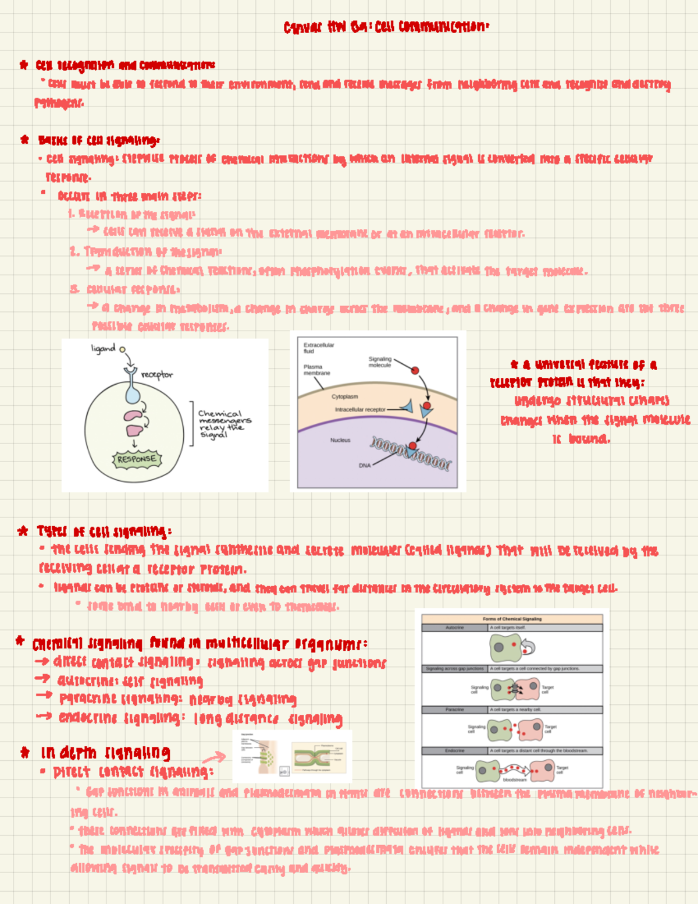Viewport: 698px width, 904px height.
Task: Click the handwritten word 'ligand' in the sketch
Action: click(x=103, y=348)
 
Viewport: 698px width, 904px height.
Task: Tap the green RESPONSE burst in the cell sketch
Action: click(x=137, y=459)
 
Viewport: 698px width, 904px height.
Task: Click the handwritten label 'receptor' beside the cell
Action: click(x=156, y=375)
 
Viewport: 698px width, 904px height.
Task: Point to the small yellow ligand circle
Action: click(x=122, y=349)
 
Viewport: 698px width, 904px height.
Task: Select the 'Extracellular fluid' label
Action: click(x=318, y=348)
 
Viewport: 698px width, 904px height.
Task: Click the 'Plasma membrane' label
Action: click(x=316, y=370)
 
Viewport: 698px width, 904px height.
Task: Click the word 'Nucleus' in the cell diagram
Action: click(x=340, y=440)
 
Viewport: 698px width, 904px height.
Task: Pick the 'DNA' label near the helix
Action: click(x=365, y=466)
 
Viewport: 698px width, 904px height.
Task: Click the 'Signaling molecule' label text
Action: click(x=379, y=362)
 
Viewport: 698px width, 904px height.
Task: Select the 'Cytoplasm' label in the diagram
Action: click(x=344, y=396)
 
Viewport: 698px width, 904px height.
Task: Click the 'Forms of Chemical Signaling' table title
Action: click(x=512, y=619)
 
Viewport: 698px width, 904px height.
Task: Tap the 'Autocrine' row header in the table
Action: click(x=454, y=628)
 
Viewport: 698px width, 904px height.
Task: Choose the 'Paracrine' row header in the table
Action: click(x=454, y=710)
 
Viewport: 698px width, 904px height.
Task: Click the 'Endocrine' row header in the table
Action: click(x=454, y=751)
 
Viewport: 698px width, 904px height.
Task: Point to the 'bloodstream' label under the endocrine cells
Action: click(x=514, y=779)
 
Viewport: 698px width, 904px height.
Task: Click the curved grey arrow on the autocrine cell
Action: click(x=528, y=647)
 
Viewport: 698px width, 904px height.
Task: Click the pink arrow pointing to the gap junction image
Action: click(x=214, y=757)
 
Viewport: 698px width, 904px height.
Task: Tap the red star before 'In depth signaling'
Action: click(x=25, y=753)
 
